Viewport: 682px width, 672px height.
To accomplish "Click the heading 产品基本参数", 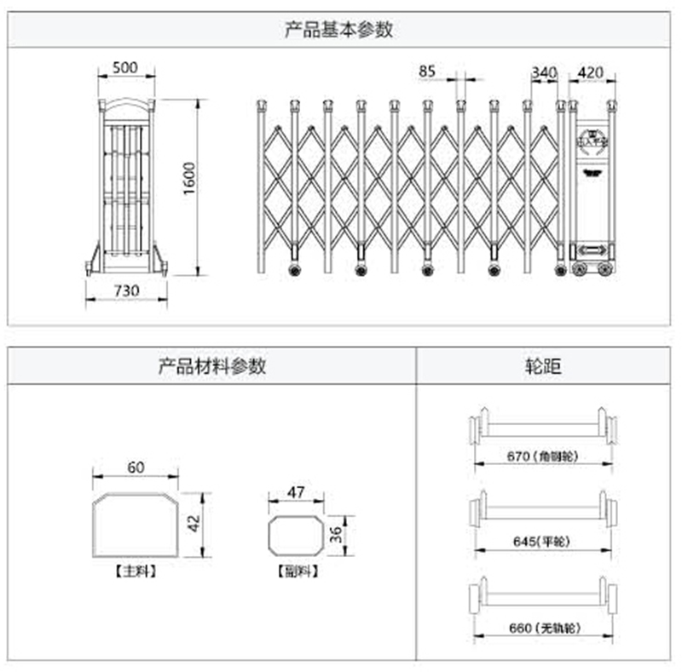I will point(339,29).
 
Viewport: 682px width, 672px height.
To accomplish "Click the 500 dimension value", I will point(126,67).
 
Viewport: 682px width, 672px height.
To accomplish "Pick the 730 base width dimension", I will point(125,290).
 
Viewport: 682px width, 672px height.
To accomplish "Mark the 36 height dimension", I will point(336,534).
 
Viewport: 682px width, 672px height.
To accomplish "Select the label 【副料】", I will point(297,571).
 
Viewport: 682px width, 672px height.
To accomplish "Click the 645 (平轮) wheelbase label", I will point(542,541).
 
